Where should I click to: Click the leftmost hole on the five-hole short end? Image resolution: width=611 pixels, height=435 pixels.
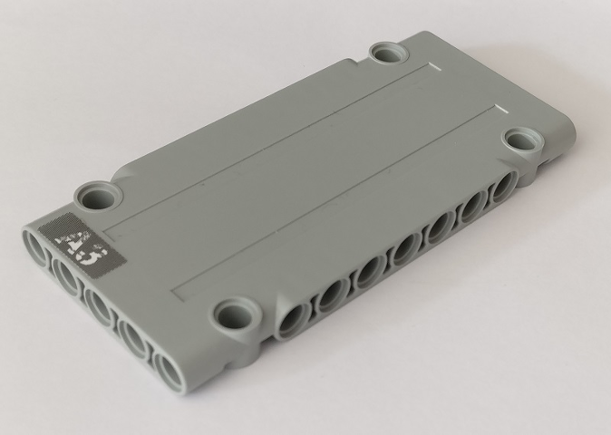(37, 248)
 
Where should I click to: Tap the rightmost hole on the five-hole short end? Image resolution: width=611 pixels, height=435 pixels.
(169, 368)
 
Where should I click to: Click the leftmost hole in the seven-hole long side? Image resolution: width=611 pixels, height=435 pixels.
(295, 318)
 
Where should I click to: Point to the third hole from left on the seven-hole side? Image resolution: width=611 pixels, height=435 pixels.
(367, 271)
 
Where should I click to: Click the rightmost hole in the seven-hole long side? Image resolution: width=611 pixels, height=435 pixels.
(499, 191)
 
